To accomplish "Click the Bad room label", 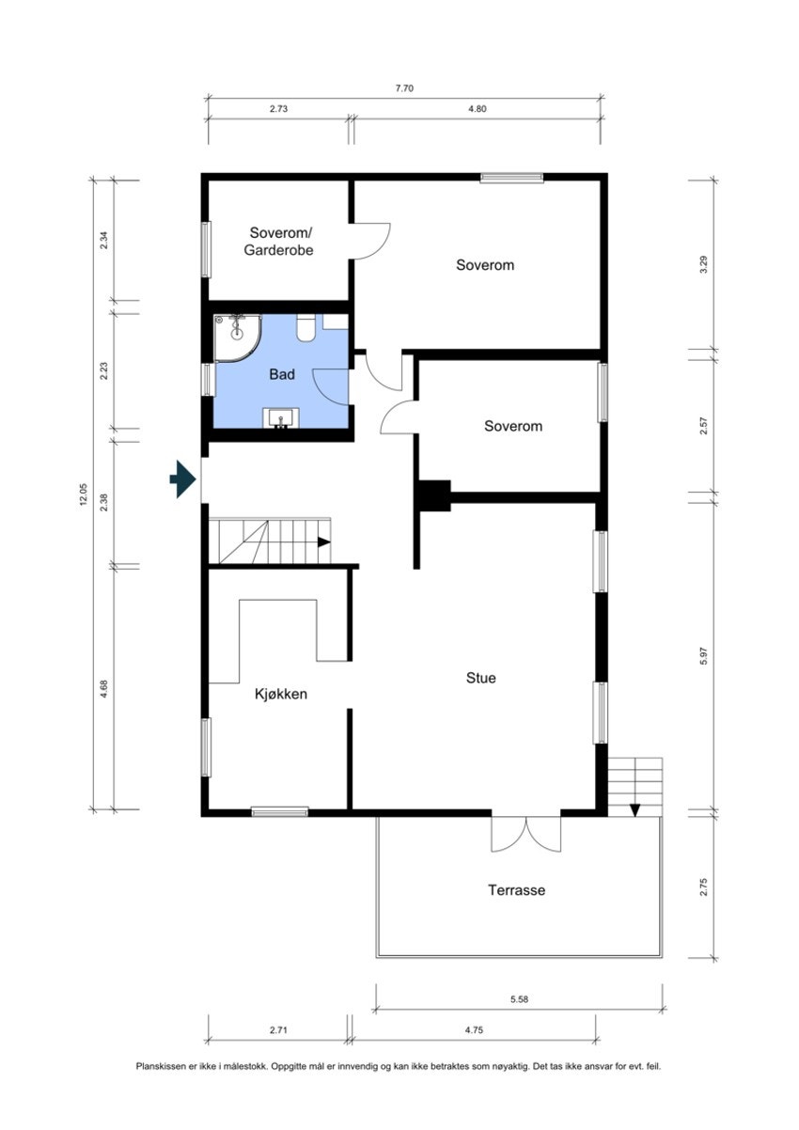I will click(x=282, y=374).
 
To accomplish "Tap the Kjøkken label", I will click(x=281, y=695).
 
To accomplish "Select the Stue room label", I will click(x=479, y=677).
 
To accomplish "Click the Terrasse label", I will click(x=516, y=889).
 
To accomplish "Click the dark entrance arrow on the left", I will click(x=181, y=479).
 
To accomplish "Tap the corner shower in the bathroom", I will click(x=235, y=337).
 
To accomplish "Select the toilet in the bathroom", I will click(x=305, y=328).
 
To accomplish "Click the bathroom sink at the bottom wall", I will click(x=281, y=418).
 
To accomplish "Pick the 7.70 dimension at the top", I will click(x=404, y=88).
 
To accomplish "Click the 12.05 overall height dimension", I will click(x=84, y=494).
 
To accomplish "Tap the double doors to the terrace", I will click(x=525, y=831).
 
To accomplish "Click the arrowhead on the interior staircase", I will click(x=323, y=541).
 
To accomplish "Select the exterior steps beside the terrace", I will click(x=635, y=786).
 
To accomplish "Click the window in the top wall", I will click(x=511, y=177).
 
